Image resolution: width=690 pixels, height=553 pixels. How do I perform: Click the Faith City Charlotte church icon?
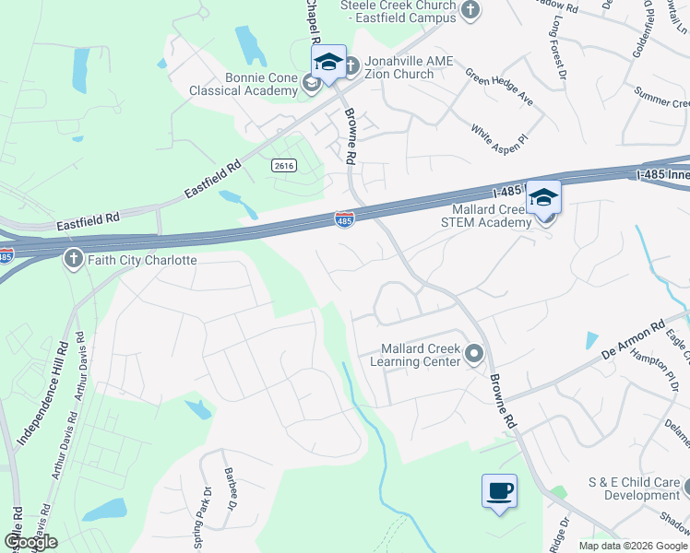point(73,259)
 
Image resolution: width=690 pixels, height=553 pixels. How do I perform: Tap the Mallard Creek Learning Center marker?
point(474,354)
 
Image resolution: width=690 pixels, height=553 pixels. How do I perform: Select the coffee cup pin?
point(499,490)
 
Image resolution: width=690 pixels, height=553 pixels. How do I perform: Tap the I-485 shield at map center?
point(344,219)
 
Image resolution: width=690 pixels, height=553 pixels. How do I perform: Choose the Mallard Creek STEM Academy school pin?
point(543,198)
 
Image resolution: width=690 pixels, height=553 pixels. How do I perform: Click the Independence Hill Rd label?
point(38,396)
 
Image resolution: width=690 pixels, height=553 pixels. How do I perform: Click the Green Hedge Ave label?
point(499,86)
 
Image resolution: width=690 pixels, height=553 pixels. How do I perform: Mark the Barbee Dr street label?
point(230,487)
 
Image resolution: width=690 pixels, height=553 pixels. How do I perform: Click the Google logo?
point(30,542)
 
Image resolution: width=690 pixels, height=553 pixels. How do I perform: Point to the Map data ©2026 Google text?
point(633,546)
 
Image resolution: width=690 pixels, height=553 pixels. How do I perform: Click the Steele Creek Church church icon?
point(470,10)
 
